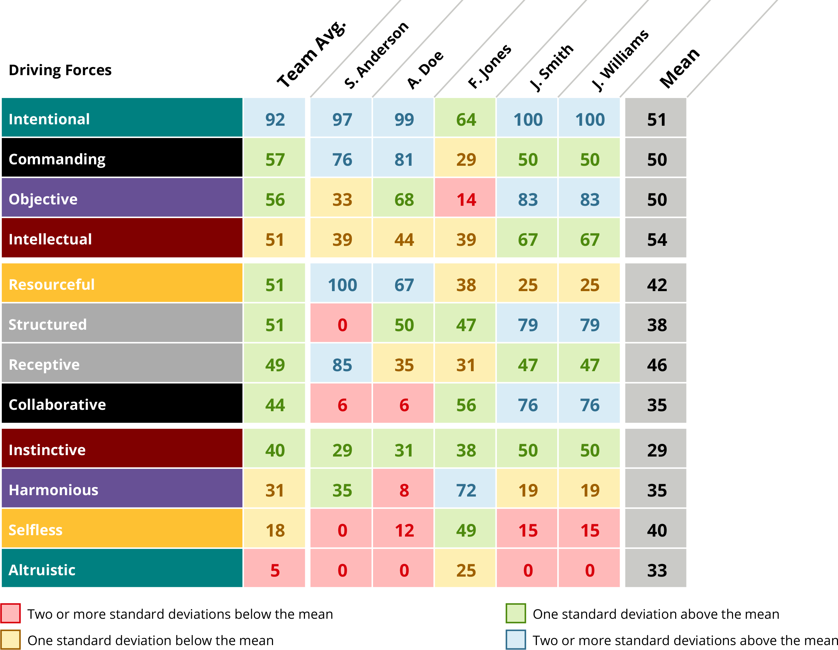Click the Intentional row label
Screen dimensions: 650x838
49,119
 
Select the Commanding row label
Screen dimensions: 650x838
57,159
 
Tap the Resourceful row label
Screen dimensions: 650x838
52,284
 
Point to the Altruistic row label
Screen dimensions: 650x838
42,570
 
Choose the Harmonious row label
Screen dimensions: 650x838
53,490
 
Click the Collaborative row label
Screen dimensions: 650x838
57,405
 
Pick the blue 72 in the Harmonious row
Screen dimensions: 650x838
466,490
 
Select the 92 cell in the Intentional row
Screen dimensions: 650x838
275,119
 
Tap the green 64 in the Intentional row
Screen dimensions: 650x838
466,119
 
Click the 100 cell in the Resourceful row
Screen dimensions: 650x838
342,284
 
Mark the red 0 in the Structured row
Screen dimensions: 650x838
342,325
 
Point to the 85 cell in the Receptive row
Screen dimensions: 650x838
342,365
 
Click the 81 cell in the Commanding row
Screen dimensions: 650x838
404,159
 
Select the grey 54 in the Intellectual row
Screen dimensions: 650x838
657,239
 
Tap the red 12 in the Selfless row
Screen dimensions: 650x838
404,530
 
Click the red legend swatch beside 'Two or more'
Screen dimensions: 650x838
11,613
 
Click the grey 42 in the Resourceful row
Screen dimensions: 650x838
657,284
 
